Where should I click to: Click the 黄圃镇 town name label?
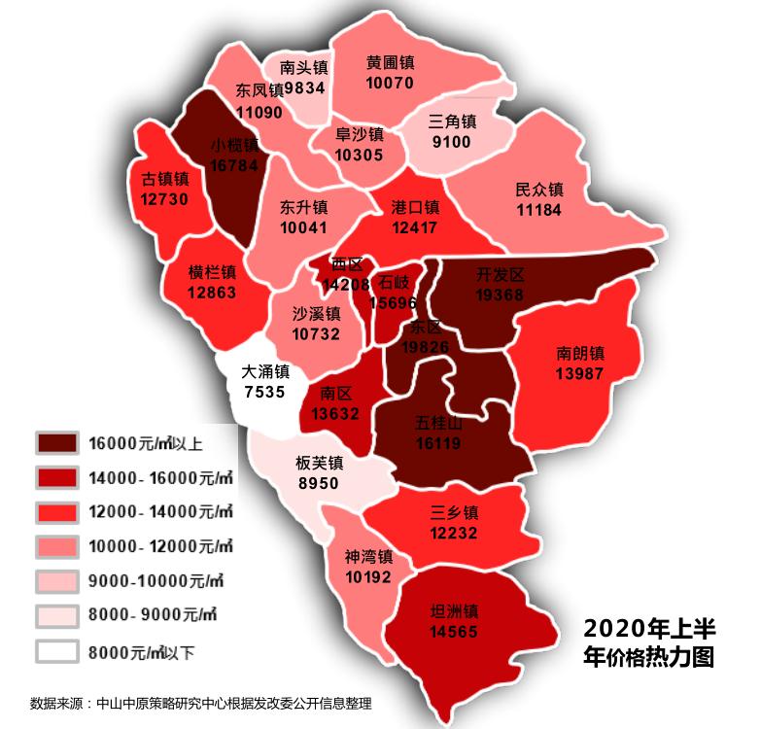pyautogui.click(x=391, y=61)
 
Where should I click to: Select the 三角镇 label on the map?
pyautogui.click(x=453, y=122)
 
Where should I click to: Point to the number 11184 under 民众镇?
pyautogui.click(x=539, y=209)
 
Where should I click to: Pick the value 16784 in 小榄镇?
pyautogui.click(x=234, y=166)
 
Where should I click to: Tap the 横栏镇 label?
pyautogui.click(x=212, y=271)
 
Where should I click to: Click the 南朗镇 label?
pyautogui.click(x=581, y=353)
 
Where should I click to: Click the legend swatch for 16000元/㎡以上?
pyautogui.click(x=57, y=444)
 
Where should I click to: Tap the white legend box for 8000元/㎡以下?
pyautogui.click(x=57, y=650)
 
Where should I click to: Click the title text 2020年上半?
pyautogui.click(x=650, y=625)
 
